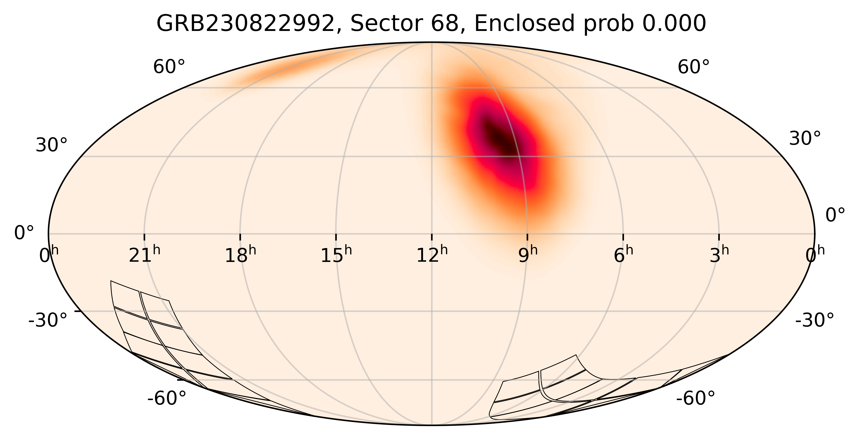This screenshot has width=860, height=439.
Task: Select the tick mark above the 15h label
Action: point(336,237)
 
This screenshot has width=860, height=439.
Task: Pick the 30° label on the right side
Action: point(804,139)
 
